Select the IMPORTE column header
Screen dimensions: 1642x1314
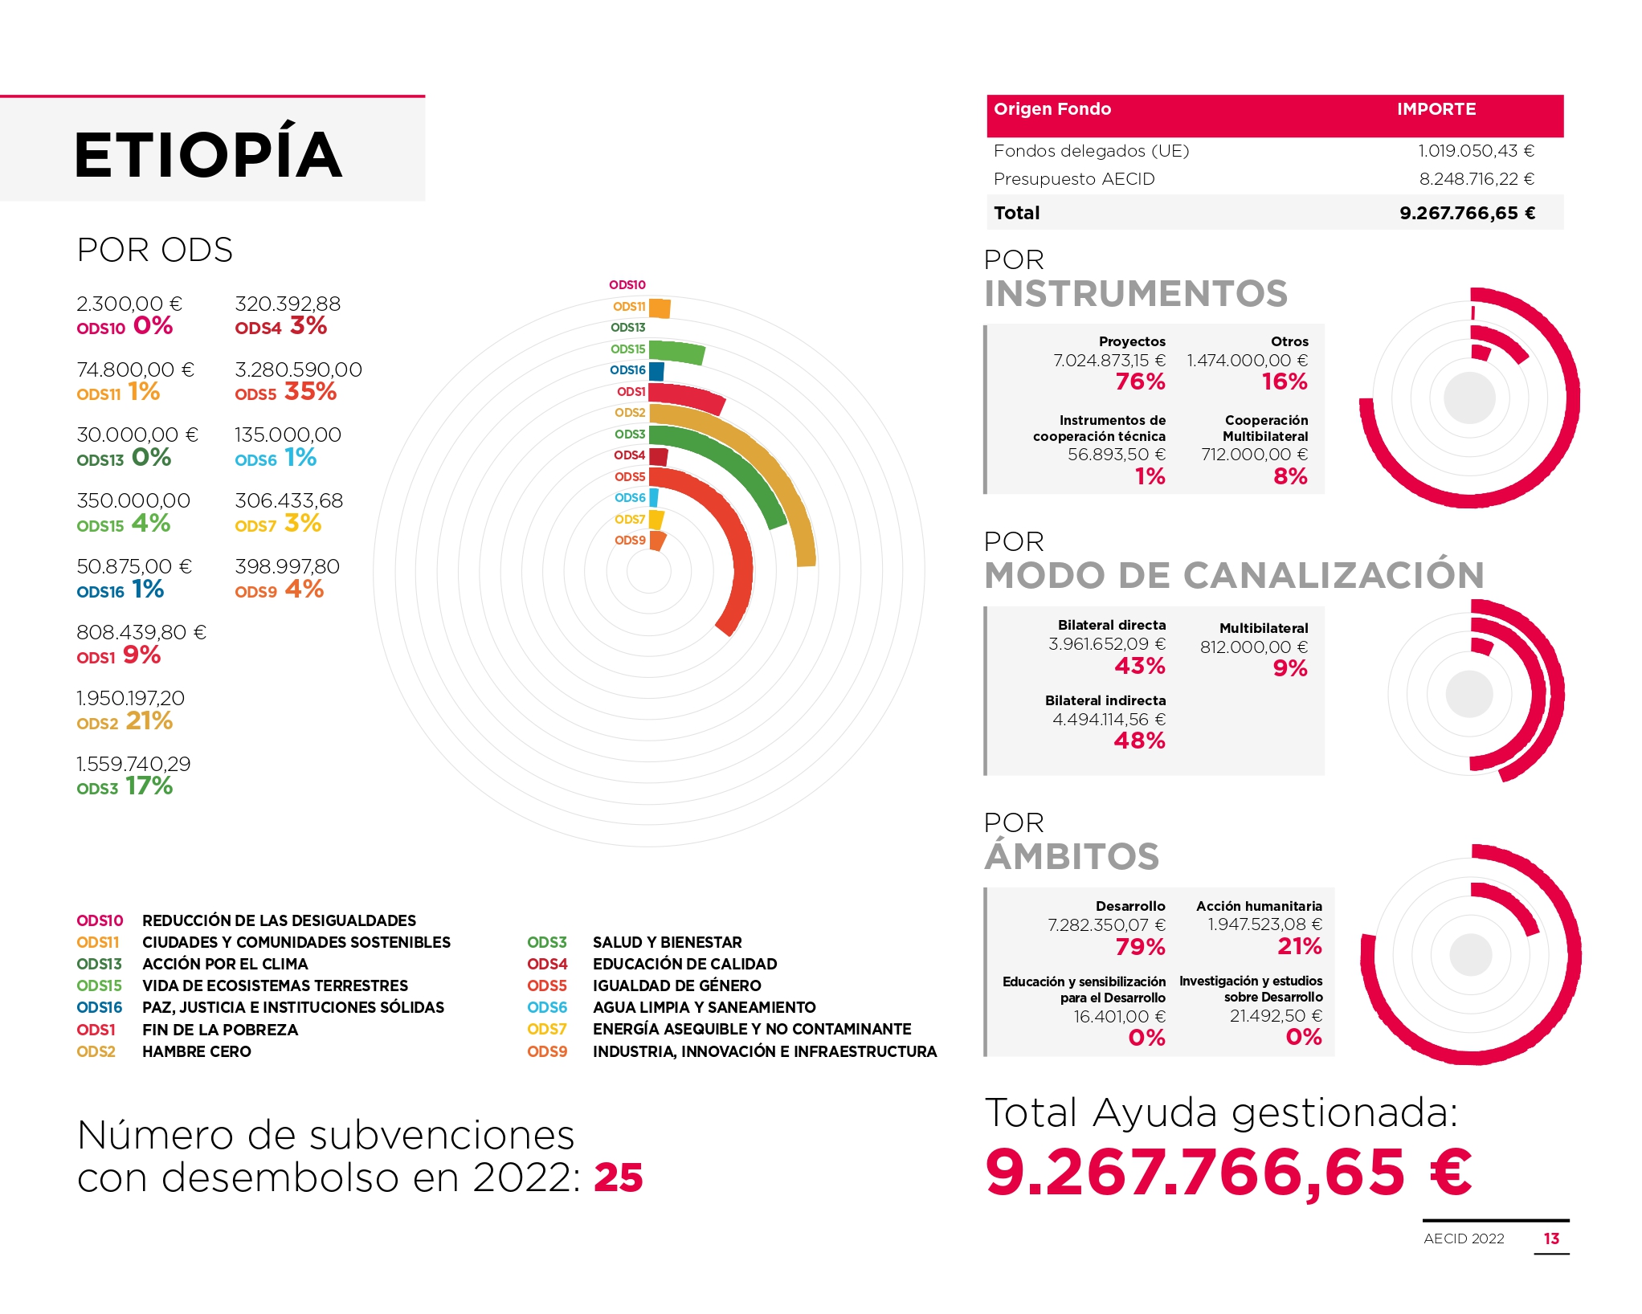click(x=1436, y=109)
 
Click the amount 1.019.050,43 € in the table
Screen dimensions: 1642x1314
click(x=1476, y=151)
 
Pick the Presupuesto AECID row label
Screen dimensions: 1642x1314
click(x=1074, y=179)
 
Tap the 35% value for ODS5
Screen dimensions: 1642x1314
click(x=310, y=391)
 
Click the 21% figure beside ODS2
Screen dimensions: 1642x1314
click(x=149, y=720)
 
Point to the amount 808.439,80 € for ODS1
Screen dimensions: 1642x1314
click(x=141, y=633)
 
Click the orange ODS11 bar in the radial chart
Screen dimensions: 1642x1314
click(x=660, y=308)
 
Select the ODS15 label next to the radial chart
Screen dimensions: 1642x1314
click(x=627, y=349)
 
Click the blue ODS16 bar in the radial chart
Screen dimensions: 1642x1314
click(x=656, y=371)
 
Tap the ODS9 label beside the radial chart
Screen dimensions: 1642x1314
click(x=630, y=541)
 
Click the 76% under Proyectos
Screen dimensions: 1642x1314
click(x=1140, y=382)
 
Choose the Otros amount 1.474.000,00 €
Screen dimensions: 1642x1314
click(x=1248, y=361)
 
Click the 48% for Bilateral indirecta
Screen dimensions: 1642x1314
click(x=1139, y=741)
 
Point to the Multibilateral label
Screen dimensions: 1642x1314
click(x=1264, y=628)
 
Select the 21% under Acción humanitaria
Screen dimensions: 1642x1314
click(x=1300, y=946)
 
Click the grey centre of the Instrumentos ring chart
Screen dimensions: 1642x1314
click(x=1469, y=398)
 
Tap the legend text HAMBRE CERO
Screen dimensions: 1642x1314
click(x=197, y=1051)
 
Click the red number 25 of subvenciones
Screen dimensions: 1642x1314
click(x=619, y=1178)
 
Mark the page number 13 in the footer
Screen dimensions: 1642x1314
click(x=1551, y=1239)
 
